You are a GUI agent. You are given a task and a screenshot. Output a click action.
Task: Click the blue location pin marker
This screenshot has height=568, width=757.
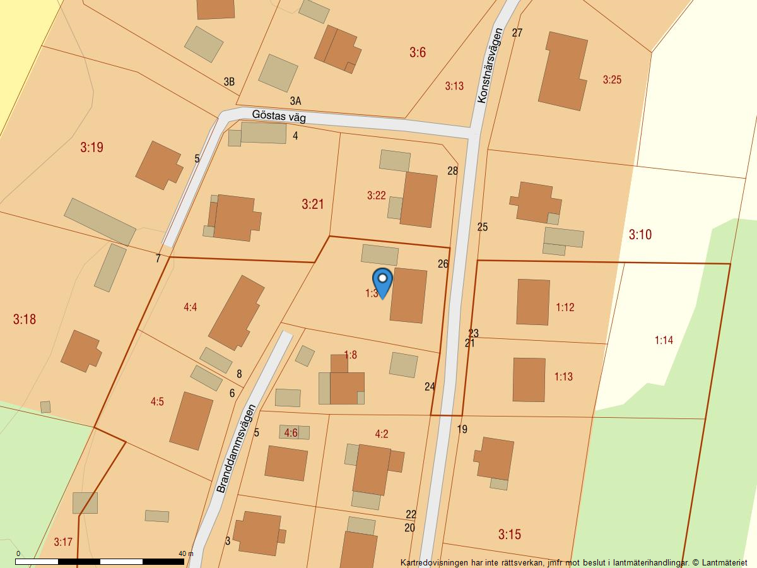[382, 281]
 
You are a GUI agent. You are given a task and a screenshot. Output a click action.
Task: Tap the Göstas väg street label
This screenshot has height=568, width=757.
[278, 116]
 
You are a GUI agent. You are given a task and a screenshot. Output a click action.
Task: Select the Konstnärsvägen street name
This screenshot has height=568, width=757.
[490, 65]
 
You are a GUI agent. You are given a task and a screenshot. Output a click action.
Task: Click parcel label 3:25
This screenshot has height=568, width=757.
[612, 80]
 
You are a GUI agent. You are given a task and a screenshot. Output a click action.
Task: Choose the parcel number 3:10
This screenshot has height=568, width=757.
[640, 235]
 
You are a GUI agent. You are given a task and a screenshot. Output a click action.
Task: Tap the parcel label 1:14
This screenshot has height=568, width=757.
[664, 340]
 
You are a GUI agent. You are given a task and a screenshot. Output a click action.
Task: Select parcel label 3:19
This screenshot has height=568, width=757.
[91, 148]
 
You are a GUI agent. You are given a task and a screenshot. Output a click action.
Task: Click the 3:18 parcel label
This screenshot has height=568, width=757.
[25, 319]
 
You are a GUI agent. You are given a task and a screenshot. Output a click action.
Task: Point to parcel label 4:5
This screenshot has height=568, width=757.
[157, 402]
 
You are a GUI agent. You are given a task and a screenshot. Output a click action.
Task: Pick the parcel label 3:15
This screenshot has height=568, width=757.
[510, 535]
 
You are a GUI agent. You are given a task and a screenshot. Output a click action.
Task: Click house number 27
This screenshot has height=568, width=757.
[517, 33]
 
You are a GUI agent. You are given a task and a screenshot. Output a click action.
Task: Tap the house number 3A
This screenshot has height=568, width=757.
[295, 101]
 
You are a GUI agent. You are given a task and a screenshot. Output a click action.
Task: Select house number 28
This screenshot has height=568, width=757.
[452, 170]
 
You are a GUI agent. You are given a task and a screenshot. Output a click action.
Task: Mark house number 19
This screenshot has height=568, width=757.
[462, 429]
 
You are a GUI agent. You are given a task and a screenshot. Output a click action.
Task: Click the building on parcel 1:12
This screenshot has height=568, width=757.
[533, 302]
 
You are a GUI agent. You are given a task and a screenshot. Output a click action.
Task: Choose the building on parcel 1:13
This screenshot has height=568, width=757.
[529, 379]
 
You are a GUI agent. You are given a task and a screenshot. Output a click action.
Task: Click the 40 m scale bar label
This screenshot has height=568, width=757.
[186, 553]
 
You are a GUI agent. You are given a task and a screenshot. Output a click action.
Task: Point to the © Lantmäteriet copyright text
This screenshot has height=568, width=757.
[724, 562]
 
